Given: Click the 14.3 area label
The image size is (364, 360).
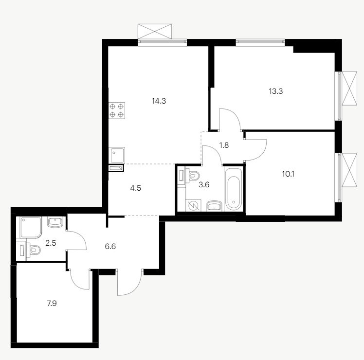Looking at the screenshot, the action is click(159, 101).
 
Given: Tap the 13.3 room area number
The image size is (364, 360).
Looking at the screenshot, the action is click(276, 91).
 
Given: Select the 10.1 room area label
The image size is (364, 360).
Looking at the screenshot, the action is click(288, 174).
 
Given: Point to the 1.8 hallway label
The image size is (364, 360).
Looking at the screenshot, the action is click(224, 145).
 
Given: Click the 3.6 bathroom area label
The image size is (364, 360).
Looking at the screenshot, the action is click(204, 185).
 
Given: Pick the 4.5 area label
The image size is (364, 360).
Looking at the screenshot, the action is click(136, 188).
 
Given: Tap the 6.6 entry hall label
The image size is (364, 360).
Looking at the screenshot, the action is click(110, 246).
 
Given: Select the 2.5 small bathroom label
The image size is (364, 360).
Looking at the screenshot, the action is click(51, 243).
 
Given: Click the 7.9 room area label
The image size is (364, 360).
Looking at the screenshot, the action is click(52, 304).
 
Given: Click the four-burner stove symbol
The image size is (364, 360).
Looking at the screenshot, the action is click(117, 110).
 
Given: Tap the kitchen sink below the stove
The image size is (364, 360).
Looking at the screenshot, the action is click(117, 155).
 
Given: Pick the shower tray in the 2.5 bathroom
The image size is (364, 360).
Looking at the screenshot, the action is click(31, 227).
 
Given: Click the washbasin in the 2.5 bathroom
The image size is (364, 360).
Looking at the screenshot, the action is click(55, 222).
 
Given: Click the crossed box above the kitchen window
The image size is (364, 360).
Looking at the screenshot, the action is click(155, 31).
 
